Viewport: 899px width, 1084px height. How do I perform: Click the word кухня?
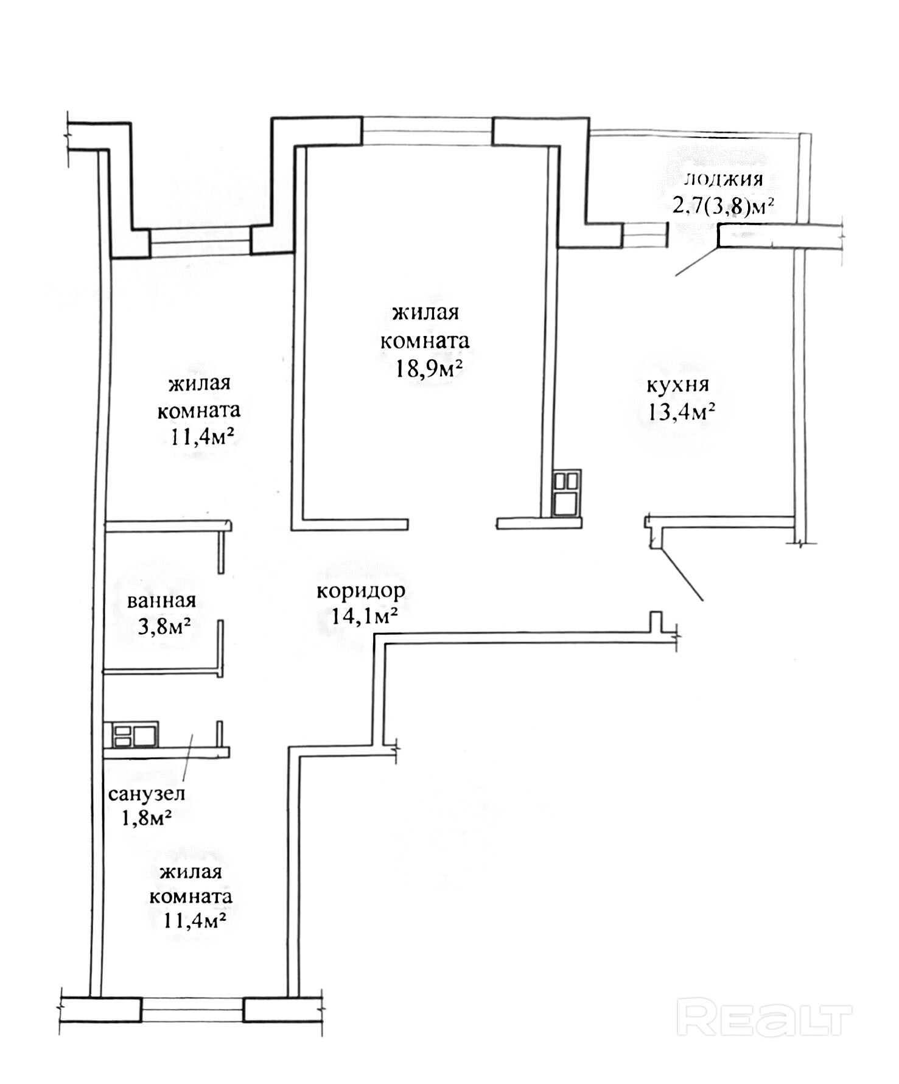[x=677, y=385]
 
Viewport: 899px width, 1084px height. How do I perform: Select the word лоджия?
[x=724, y=180]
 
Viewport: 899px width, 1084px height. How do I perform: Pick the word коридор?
[x=361, y=592]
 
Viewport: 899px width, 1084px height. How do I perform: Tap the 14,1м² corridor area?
[x=365, y=617]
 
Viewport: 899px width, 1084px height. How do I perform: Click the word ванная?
[x=161, y=601]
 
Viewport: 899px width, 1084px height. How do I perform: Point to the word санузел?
[x=147, y=794]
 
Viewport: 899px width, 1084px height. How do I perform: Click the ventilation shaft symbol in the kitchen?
[x=567, y=492]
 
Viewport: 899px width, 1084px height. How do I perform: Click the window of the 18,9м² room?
[x=427, y=131]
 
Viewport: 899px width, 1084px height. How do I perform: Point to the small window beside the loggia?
[x=645, y=234]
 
